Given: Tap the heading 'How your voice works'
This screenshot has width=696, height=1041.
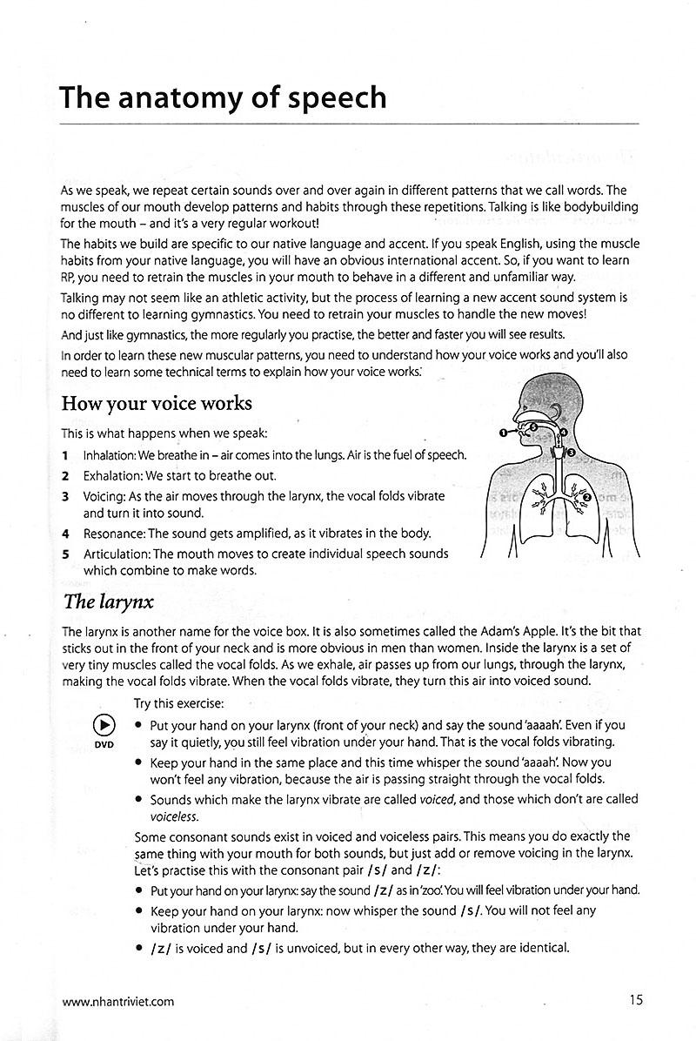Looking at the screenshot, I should tap(157, 404).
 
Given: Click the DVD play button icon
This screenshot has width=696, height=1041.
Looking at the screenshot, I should tap(104, 725).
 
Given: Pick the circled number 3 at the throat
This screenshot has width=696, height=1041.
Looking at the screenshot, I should tap(570, 451).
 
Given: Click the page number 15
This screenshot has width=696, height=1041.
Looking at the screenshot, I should tap(636, 1000).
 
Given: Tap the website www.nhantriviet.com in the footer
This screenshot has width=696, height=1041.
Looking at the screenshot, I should tap(117, 1001).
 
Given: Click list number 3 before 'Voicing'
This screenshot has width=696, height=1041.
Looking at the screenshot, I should tap(65, 495).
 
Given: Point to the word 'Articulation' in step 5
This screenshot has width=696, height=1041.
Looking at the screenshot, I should tap(117, 554).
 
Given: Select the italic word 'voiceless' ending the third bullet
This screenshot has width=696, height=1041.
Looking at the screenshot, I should tap(174, 816).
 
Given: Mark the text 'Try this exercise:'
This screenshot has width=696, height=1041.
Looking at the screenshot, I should tap(179, 702).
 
